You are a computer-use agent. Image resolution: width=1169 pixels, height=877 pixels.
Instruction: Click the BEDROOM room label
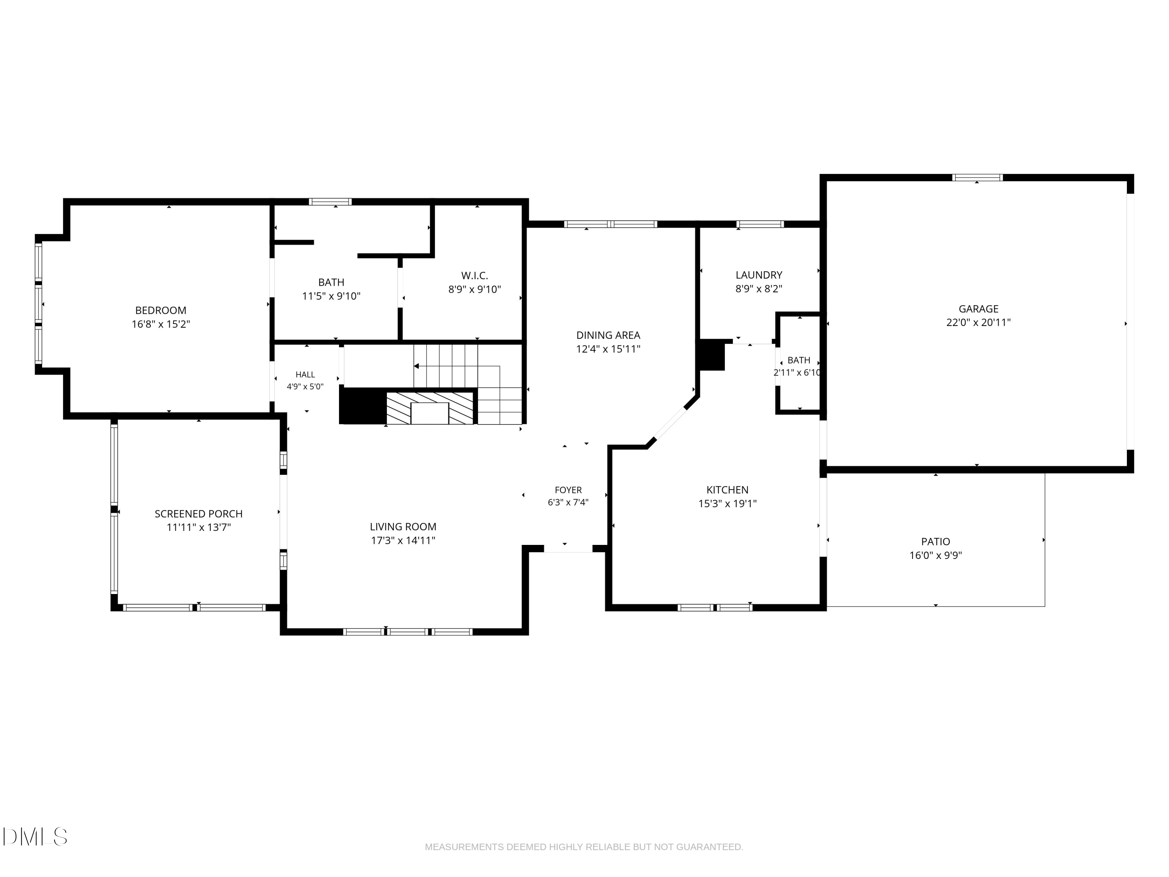pyautogui.click(x=161, y=310)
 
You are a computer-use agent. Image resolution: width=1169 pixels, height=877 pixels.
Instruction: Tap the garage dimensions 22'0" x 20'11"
pyautogui.click(x=978, y=322)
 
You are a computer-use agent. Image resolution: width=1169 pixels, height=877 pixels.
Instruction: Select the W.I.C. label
pyautogui.click(x=475, y=276)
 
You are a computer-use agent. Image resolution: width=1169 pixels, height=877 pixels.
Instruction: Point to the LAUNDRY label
pyautogui.click(x=759, y=275)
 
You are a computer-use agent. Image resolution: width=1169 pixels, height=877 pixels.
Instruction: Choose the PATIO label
pyautogui.click(x=936, y=541)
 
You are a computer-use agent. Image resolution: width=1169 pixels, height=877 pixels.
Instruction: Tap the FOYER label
pyautogui.click(x=568, y=490)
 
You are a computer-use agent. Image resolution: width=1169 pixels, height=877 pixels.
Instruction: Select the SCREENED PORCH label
pyautogui.click(x=199, y=514)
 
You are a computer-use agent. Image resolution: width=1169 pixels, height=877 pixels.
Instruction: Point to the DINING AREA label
pyautogui.click(x=608, y=335)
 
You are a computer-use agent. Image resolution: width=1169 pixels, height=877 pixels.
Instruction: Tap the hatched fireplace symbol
pyautogui.click(x=430, y=408)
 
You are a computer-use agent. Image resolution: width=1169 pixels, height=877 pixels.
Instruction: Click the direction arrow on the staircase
pyautogui.click(x=457, y=366)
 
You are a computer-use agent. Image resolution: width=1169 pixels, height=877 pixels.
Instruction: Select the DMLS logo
pyautogui.click(x=35, y=837)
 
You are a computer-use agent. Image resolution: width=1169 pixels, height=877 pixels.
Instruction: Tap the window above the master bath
pyautogui.click(x=330, y=202)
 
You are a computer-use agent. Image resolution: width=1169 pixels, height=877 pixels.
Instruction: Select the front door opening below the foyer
pyautogui.click(x=568, y=549)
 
